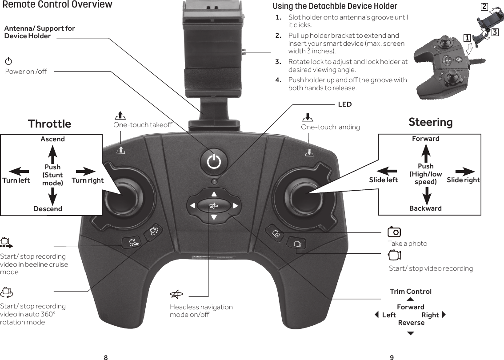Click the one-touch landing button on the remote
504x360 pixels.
click(309, 152)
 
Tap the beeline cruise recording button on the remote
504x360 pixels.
click(132, 242)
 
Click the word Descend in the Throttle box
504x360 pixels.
click(48, 208)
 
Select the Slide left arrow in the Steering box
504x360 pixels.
click(387, 171)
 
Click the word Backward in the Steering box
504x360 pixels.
click(425, 208)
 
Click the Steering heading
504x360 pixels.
click(430, 122)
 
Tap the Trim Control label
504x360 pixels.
click(410, 292)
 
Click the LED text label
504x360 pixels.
click(345, 104)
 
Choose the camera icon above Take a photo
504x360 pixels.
click(394, 232)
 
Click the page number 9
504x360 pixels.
click(392, 357)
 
